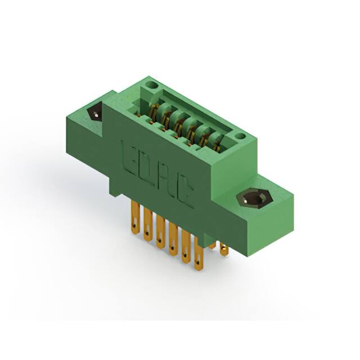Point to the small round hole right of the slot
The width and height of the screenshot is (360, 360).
[240, 136]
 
